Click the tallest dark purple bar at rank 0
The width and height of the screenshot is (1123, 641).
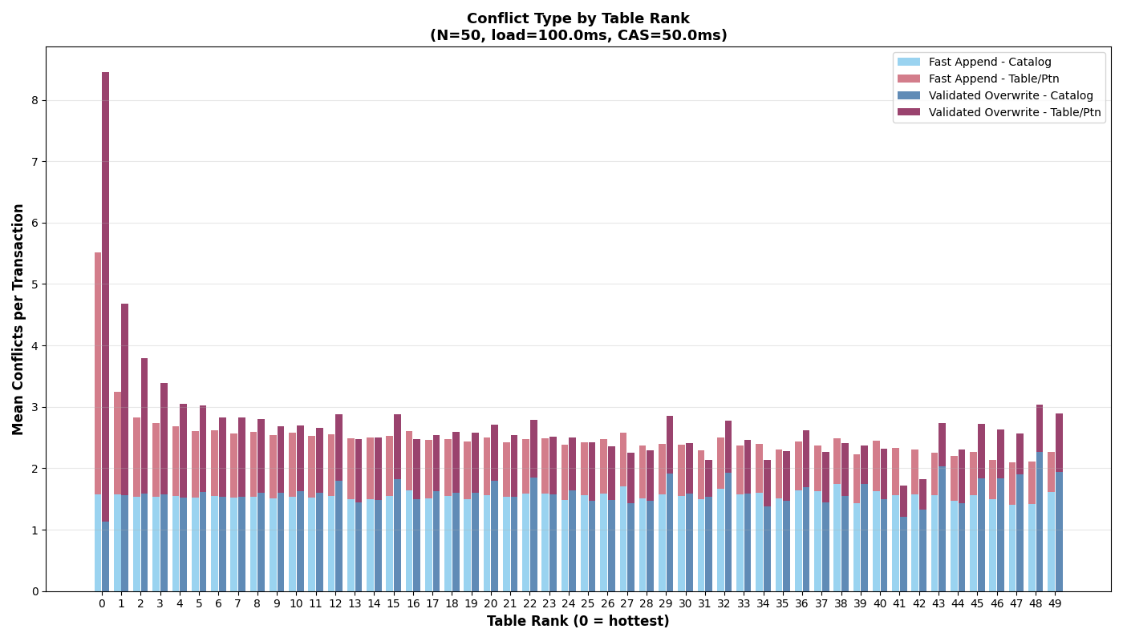click(105, 296)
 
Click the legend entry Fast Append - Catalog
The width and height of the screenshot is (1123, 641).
click(990, 62)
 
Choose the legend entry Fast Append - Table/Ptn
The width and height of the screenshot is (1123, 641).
click(994, 79)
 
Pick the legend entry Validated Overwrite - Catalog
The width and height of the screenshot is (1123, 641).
click(1011, 96)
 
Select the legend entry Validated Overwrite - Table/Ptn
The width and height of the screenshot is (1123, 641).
click(1015, 113)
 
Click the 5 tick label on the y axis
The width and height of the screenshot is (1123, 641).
click(34, 284)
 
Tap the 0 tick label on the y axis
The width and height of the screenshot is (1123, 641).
click(34, 591)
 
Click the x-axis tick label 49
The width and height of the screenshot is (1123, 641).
click(1055, 603)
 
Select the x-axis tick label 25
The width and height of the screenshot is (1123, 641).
click(588, 603)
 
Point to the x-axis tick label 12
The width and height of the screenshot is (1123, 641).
click(335, 603)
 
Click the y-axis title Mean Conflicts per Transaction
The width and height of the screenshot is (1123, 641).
click(18, 319)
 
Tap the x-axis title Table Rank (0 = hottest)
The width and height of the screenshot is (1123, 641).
click(578, 622)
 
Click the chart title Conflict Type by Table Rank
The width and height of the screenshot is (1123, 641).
click(578, 18)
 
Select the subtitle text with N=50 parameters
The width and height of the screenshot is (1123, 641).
click(578, 36)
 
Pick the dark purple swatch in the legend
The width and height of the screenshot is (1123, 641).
click(909, 113)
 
